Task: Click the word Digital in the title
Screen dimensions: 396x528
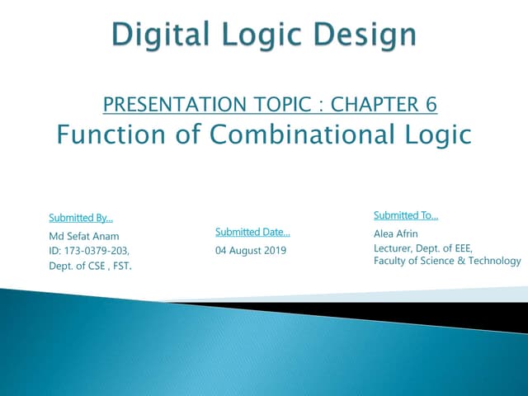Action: point(154,34)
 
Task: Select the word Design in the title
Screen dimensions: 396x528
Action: point(369,34)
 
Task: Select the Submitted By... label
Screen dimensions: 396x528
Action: point(81,218)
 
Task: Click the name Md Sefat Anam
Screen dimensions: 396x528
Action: point(84,236)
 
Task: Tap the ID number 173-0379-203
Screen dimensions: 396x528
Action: point(89,250)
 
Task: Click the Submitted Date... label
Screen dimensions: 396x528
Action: point(252,232)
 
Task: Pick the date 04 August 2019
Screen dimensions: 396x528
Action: point(251,249)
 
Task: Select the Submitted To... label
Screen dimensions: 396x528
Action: point(406,216)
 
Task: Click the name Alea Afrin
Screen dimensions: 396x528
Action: point(396,233)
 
